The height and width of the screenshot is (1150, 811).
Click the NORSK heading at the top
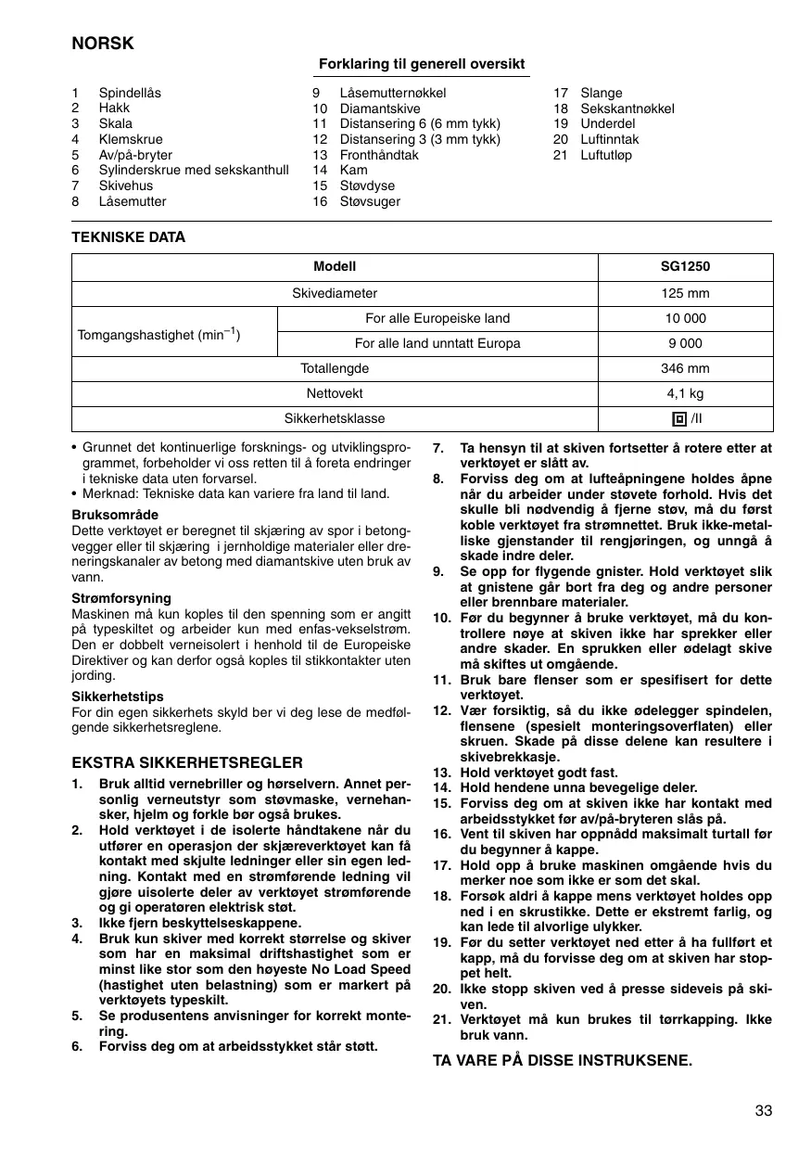[103, 44]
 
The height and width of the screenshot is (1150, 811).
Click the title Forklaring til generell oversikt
[422, 64]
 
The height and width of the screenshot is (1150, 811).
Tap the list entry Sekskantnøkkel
[627, 109]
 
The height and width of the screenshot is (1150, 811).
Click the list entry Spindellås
[130, 93]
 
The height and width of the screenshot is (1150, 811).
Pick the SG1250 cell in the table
[685, 267]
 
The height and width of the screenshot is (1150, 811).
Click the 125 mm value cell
[685, 293]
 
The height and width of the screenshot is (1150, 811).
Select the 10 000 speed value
[685, 318]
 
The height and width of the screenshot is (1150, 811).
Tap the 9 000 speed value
[685, 343]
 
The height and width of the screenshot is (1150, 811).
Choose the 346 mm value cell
[685, 368]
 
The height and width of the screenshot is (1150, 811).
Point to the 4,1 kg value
[685, 393]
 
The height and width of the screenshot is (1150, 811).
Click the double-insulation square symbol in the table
[678, 419]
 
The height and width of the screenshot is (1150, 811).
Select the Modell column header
[335, 267]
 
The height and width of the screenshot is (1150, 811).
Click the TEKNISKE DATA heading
[129, 237]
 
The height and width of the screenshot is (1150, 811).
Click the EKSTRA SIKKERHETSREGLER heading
[187, 763]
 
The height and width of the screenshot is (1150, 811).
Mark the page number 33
[763, 1111]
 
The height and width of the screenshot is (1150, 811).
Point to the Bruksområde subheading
[115, 515]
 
